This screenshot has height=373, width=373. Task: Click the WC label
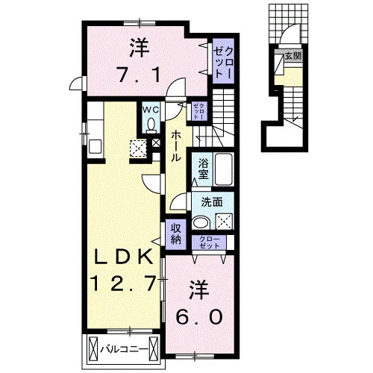tap(151, 110)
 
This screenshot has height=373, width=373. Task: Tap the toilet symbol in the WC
tap(151, 125)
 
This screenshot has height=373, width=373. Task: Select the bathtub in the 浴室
tap(224, 169)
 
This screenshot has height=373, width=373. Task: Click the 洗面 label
tap(212, 202)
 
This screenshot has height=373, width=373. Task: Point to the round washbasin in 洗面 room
tap(201, 222)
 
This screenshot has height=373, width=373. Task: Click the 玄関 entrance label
tap(293, 56)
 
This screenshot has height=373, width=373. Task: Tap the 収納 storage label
tap(176, 233)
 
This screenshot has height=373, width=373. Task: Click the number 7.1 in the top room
tap(139, 75)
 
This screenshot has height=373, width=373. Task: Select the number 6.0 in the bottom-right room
tap(199, 317)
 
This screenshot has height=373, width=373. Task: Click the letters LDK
tap(124, 257)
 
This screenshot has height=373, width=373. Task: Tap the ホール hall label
tap(176, 146)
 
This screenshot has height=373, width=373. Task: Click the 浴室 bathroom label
tap(203, 169)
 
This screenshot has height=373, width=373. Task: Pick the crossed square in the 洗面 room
tap(224, 221)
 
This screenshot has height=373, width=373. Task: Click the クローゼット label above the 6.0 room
tap(210, 242)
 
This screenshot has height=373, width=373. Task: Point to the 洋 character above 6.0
tap(198, 291)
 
